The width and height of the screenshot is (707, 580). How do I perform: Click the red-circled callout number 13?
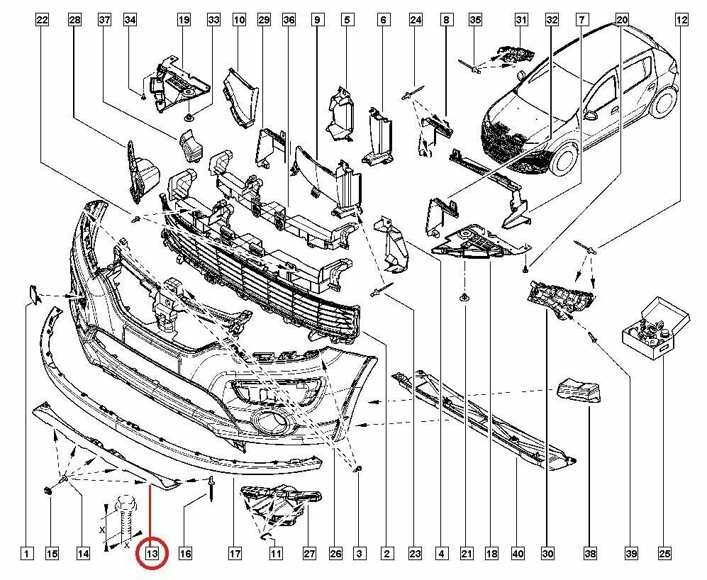(x=152, y=553)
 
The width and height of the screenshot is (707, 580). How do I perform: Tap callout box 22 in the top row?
(x=42, y=20)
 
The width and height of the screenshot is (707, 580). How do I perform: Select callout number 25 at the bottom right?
(x=664, y=553)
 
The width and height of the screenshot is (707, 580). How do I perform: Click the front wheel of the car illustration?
(x=566, y=159)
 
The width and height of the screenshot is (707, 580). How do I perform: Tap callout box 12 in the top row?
(x=681, y=20)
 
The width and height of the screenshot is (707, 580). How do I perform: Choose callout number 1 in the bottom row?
(x=27, y=553)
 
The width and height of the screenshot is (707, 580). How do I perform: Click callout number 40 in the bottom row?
(x=518, y=553)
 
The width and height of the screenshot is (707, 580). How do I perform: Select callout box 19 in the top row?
(x=184, y=20)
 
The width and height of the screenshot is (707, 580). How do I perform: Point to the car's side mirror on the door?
(x=591, y=115)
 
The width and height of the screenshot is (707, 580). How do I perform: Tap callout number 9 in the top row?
(x=318, y=20)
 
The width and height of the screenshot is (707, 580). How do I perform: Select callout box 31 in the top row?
(x=521, y=20)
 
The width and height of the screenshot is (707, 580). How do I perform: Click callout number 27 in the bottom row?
(x=309, y=553)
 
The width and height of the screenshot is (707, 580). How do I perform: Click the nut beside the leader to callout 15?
(x=48, y=491)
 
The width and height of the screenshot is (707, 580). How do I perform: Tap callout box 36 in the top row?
(x=289, y=20)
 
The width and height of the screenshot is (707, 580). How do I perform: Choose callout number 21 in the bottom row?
(x=466, y=553)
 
